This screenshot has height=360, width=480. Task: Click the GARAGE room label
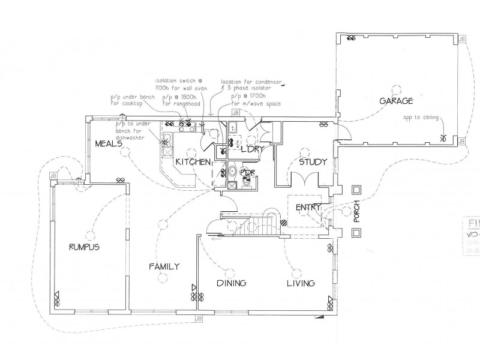tap(396, 101)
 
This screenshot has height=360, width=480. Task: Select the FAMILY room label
tap(164, 267)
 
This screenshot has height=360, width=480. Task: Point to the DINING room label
tap(232, 283)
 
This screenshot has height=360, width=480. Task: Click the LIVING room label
tap(301, 283)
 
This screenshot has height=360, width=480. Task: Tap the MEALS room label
tap(108, 143)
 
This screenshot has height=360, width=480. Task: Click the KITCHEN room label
tap(192, 162)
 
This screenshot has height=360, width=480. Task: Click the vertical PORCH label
tap(356, 211)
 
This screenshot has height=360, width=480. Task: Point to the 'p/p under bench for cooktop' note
tap(133, 100)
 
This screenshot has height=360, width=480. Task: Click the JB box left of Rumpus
tap(53, 175)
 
